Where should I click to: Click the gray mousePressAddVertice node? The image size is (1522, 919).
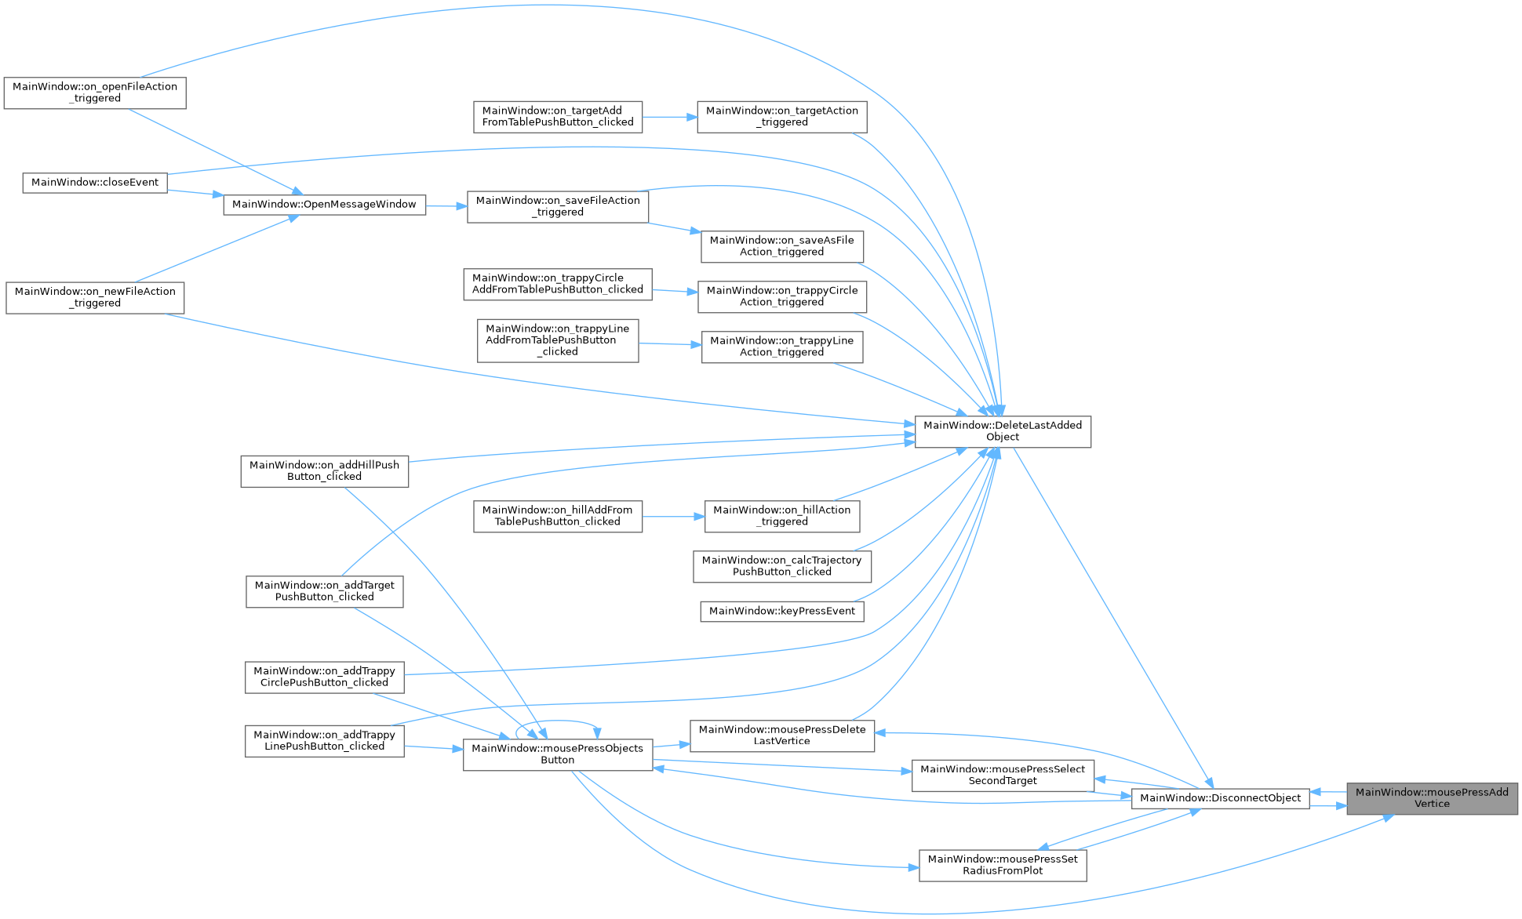tap(1432, 798)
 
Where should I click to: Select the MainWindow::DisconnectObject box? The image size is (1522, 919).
tap(1220, 798)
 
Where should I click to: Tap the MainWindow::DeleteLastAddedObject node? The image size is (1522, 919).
tap(1003, 431)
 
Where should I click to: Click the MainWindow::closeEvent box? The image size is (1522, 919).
tap(95, 183)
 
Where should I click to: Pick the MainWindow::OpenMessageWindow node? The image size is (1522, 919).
tap(324, 205)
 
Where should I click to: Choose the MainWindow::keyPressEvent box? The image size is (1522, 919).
tap(782, 612)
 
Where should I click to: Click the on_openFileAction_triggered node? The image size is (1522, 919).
tap(95, 93)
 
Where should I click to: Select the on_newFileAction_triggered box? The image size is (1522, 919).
tap(95, 297)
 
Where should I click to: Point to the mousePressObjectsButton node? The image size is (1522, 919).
tap(558, 754)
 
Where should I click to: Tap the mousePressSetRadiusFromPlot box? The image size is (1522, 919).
tap(1003, 865)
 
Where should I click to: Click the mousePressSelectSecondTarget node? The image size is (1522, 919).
tap(1003, 775)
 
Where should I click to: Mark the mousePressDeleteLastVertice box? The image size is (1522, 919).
tap(782, 736)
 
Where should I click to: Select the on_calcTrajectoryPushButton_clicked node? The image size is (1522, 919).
tap(782, 566)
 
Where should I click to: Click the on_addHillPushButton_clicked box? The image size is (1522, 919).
tap(325, 470)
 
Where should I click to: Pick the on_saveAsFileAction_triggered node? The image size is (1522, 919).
tap(782, 246)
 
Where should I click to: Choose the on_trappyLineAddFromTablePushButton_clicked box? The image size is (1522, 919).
tap(558, 340)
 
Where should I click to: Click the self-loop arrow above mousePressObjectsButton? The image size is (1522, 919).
tap(558, 721)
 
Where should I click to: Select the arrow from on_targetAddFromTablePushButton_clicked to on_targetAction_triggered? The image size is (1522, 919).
tap(670, 117)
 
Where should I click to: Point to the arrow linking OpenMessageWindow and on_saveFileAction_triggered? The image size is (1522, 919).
tap(446, 206)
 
